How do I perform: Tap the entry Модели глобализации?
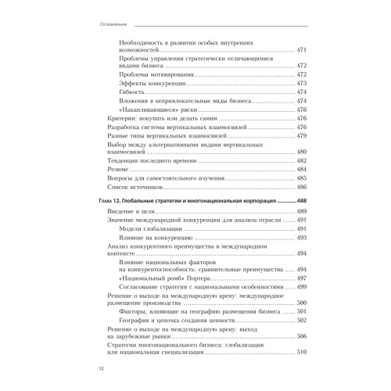[x=152, y=229]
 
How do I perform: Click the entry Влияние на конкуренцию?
[x=155, y=239]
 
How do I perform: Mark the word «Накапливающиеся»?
[x=149, y=110]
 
